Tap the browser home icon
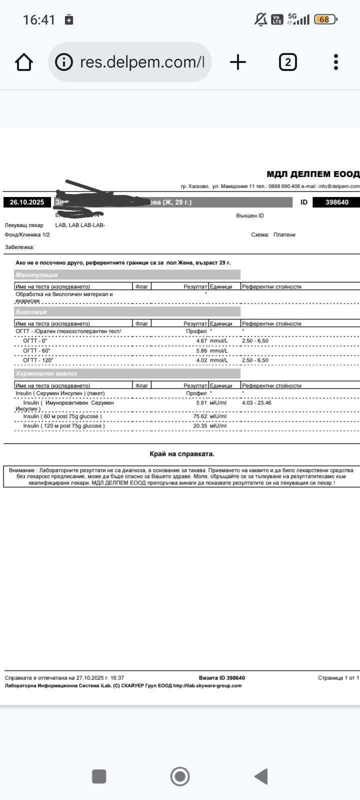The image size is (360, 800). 24,62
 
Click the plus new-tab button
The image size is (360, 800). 238,62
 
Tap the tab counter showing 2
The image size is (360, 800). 287,62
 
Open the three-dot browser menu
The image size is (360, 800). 336,62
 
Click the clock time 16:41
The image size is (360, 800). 39,20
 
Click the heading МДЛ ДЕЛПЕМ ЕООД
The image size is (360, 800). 312,174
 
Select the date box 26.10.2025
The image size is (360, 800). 27,202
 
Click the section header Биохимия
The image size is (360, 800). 31,312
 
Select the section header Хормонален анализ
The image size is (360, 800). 46,374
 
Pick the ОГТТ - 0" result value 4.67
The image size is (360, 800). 201,341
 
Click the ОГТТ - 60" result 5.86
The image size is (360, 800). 201,351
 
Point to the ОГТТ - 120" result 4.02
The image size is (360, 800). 201,360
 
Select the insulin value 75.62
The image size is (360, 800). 200,416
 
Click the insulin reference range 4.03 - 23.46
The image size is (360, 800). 256,403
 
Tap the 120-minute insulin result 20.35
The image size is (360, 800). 200,426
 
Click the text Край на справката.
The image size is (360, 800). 182,454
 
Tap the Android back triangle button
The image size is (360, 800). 261,776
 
